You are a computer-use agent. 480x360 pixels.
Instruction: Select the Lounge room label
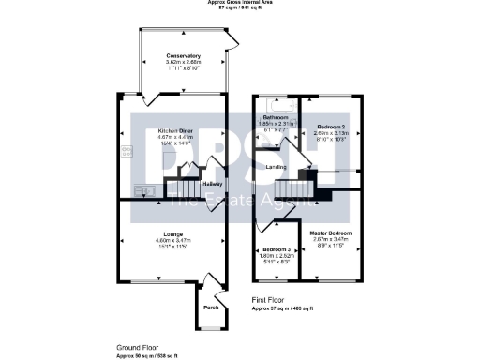click(172, 233)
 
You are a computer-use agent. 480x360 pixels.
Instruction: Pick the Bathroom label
click(276, 117)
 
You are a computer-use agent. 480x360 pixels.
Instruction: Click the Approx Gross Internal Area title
click(240, 3)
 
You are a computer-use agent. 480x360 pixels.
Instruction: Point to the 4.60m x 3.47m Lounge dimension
click(172, 240)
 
